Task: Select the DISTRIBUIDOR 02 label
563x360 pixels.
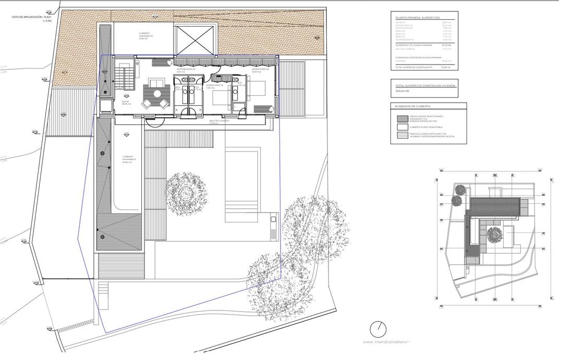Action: (x=186, y=70)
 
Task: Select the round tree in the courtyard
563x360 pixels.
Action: (x=186, y=190)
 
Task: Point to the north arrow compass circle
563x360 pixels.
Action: (x=378, y=329)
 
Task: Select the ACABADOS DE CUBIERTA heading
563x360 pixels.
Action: (x=412, y=106)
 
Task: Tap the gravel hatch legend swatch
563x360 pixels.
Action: (x=402, y=118)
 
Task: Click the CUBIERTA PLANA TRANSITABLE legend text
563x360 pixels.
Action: (x=426, y=127)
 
